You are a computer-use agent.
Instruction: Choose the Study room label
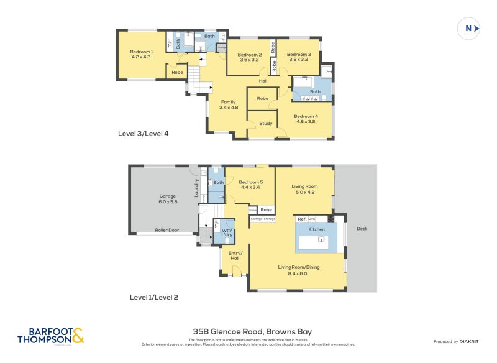click(266, 123)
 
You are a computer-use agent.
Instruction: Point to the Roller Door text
click(166, 231)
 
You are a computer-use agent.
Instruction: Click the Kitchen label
click(317, 229)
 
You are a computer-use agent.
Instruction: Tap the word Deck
click(362, 229)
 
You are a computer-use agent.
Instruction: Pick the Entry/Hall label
click(235, 255)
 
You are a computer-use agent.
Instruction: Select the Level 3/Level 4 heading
click(143, 133)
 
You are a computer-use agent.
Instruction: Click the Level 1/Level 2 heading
click(153, 297)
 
